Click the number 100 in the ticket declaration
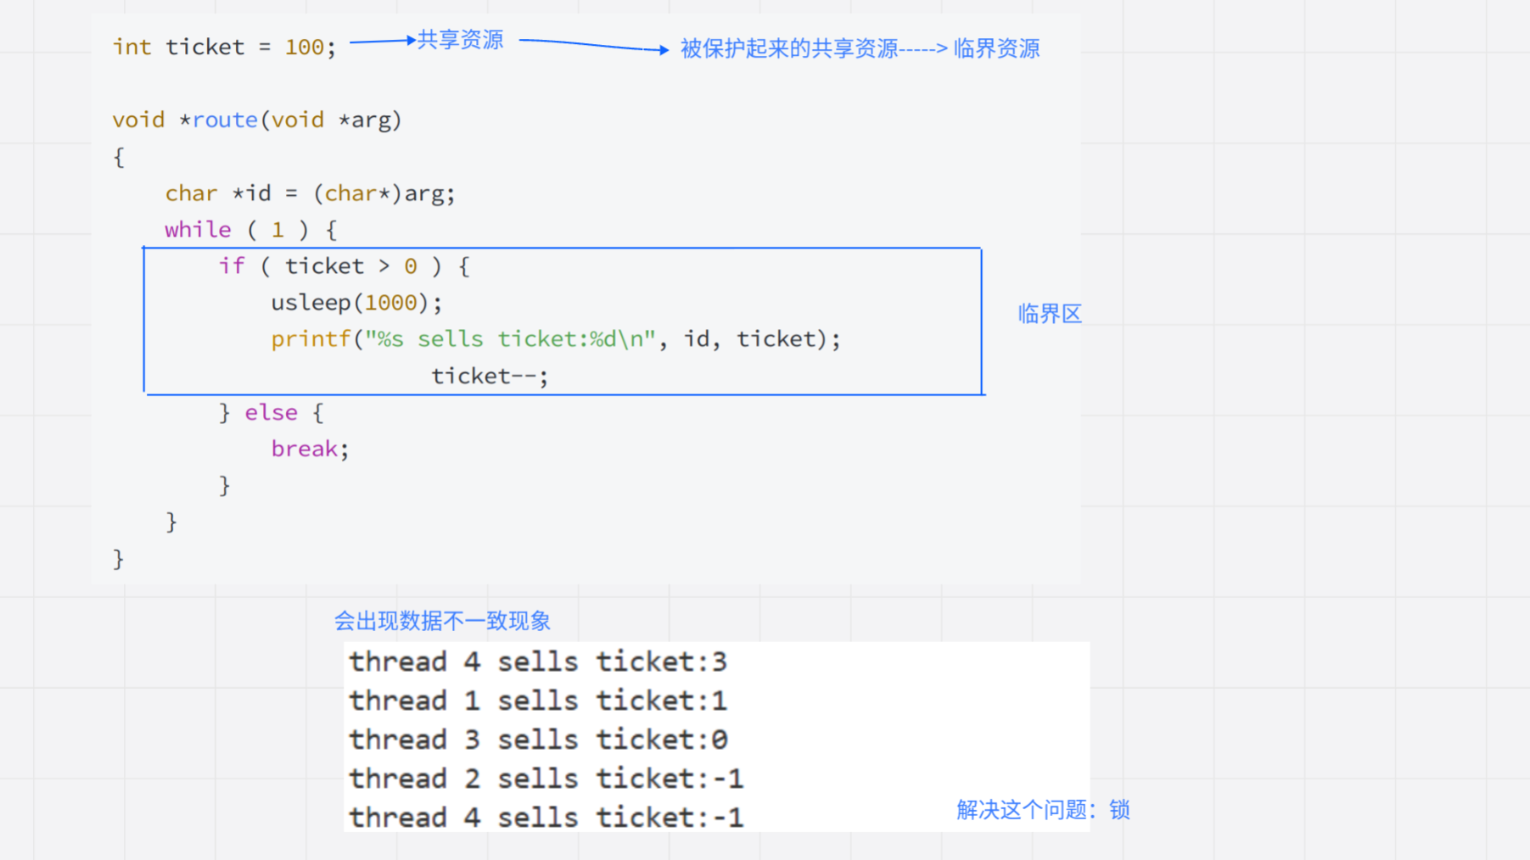[304, 47]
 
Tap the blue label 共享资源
[461, 40]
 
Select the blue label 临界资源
[996, 49]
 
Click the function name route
[225, 120]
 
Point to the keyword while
[198, 230]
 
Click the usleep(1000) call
[356, 303]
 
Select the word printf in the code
[311, 339]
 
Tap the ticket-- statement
[490, 376]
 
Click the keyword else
[272, 413]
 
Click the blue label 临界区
[1050, 315]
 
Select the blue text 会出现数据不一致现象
[442, 622]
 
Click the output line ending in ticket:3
[538, 662]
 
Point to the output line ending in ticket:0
[538, 740]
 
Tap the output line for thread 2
[546, 779]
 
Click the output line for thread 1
[538, 701]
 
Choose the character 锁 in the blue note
[1119, 810]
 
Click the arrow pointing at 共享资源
[383, 40]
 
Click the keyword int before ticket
[132, 47]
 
